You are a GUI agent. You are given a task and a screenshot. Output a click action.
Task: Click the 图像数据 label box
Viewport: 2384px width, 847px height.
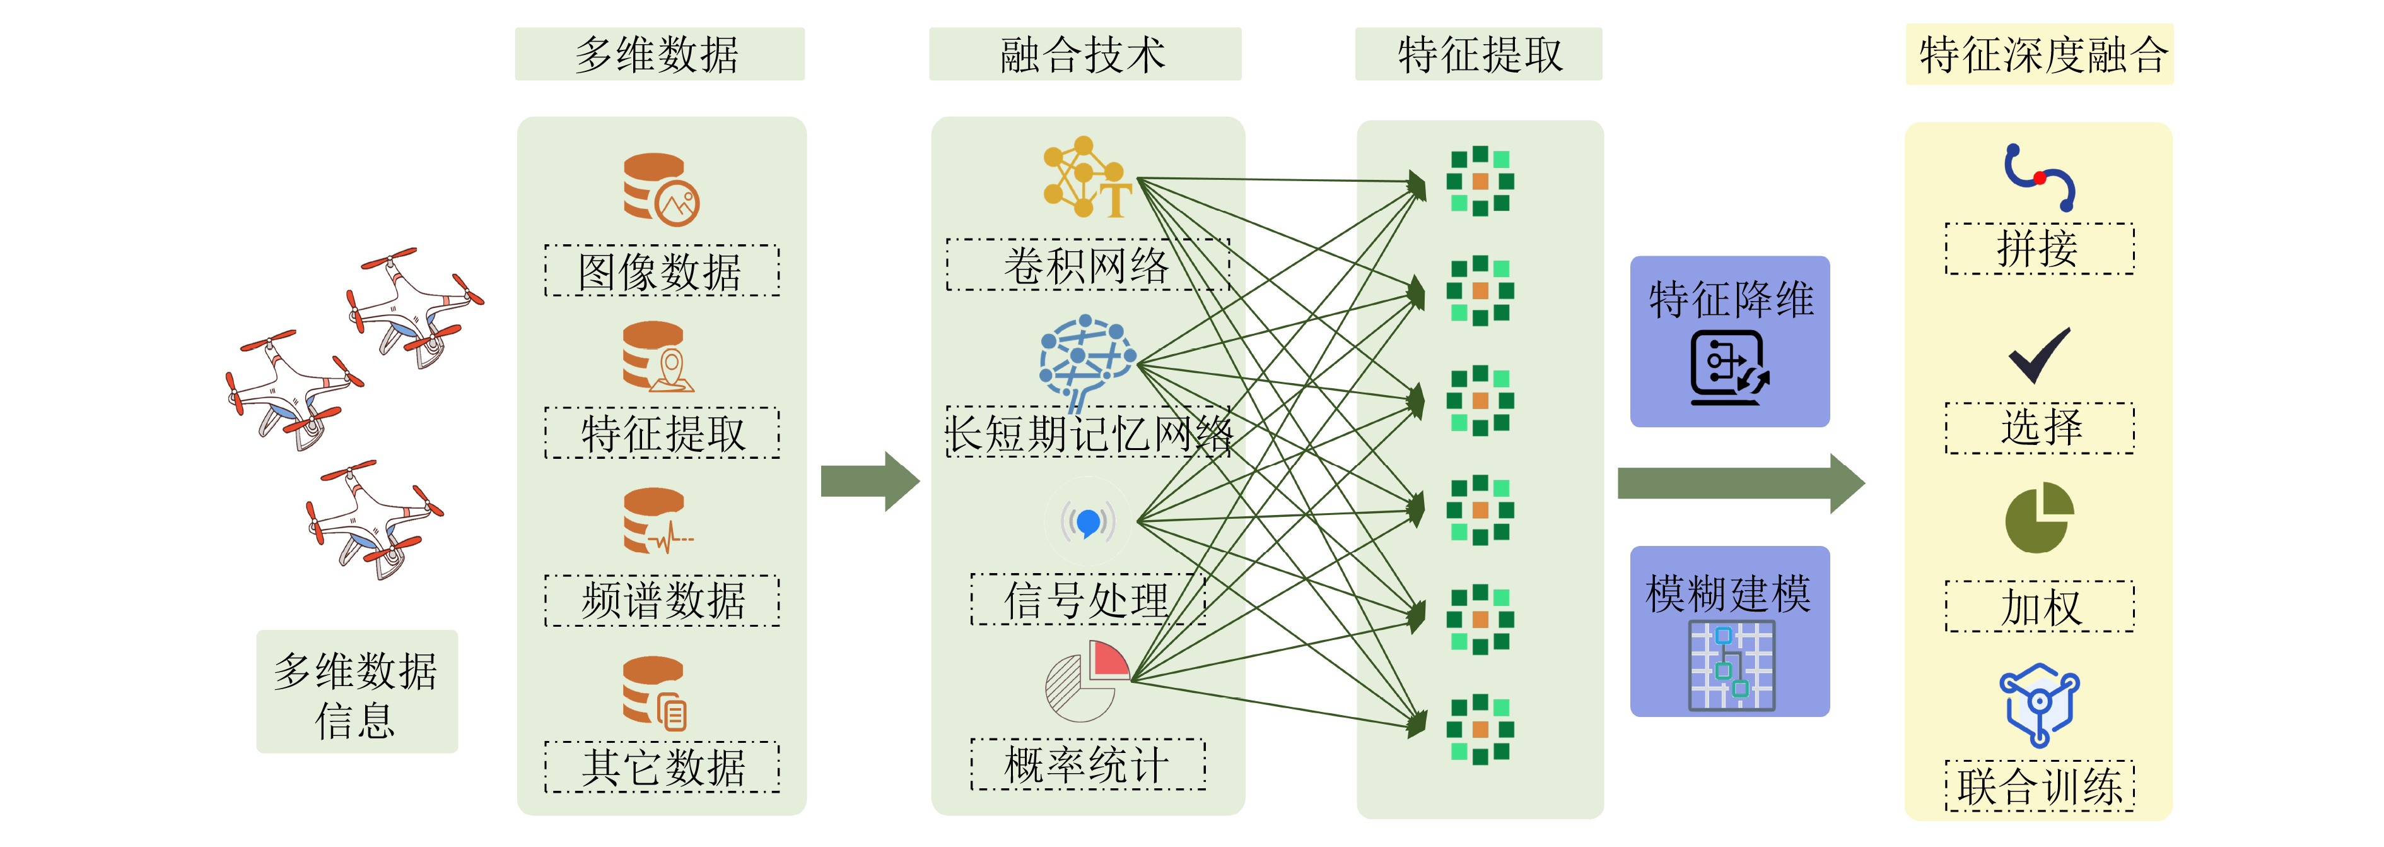click(662, 270)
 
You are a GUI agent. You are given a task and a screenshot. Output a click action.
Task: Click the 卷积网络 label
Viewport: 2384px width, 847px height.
click(1087, 264)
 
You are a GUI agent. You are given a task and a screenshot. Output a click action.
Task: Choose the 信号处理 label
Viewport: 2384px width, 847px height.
click(1087, 599)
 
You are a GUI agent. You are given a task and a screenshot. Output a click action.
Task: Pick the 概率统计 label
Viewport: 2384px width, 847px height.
click(1087, 764)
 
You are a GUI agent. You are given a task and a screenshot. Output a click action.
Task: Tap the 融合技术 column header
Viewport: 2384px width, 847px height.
click(1085, 54)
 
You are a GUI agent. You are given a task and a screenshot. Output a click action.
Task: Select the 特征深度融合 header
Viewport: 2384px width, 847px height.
click(2040, 54)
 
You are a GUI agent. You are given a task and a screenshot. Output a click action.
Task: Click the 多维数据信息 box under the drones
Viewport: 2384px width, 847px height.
click(356, 692)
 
